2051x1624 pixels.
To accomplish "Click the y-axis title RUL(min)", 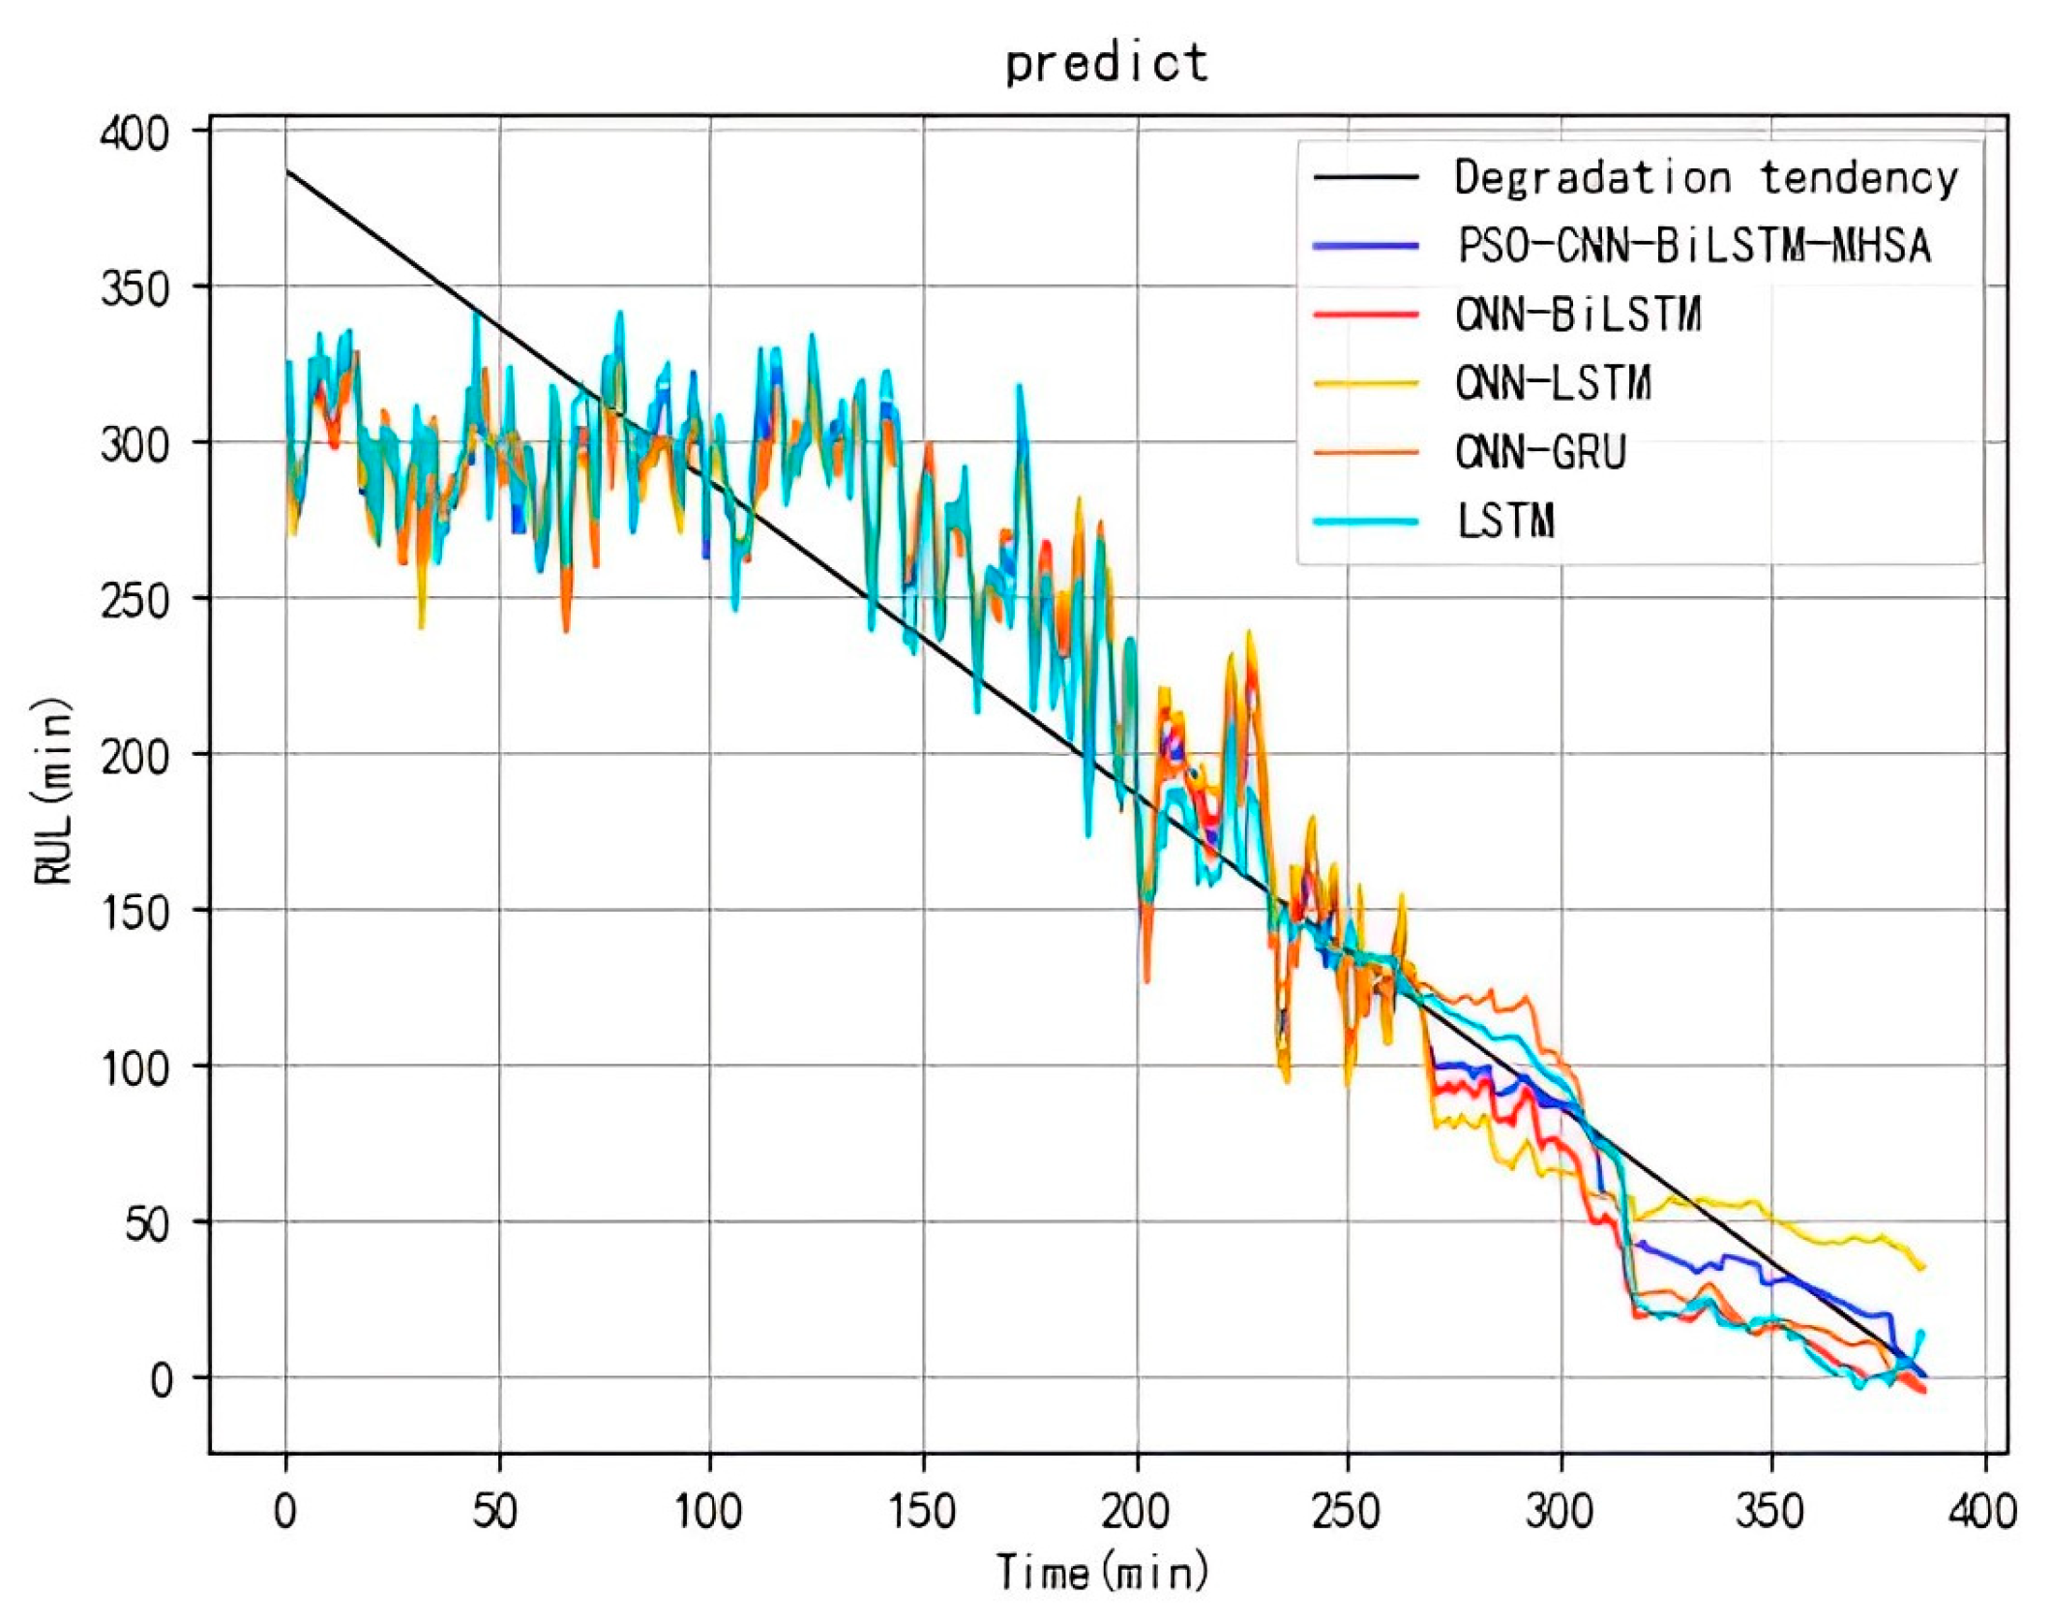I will coord(53,791).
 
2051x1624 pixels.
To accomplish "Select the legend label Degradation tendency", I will coord(1706,178).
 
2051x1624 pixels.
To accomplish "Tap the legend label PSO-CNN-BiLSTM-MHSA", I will coord(1694,246).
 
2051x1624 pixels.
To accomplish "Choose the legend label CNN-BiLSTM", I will coord(1578,315).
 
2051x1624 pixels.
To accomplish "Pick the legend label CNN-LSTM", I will coord(1553,383).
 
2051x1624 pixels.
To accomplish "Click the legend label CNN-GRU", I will coord(1541,452).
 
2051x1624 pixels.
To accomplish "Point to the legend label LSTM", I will coord(1506,522).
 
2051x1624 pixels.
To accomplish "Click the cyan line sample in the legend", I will coord(1366,522).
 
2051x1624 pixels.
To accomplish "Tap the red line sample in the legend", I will coord(1366,315).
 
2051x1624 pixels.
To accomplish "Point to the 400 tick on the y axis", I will coord(134,132).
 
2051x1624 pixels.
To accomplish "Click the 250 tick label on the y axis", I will coord(134,599).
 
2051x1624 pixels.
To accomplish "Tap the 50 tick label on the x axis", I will coord(495,1510).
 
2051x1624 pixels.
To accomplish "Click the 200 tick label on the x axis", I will coord(1135,1510).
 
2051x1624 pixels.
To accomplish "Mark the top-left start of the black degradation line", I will coord(287,171).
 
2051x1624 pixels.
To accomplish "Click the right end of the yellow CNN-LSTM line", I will coord(1921,1268).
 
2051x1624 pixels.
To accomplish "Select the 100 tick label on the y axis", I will coord(134,1067).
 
